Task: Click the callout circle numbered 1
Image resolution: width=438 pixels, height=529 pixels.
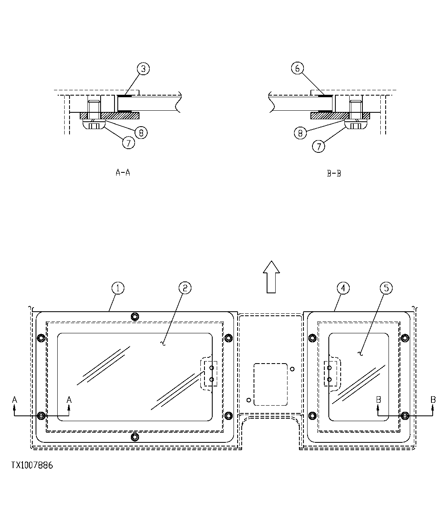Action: tap(118, 288)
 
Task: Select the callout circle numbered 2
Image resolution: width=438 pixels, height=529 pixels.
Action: tap(185, 288)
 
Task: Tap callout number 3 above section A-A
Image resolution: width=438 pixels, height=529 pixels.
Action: tap(143, 69)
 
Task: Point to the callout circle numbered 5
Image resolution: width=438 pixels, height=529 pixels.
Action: tap(386, 288)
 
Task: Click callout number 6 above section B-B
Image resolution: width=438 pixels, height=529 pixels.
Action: tap(297, 69)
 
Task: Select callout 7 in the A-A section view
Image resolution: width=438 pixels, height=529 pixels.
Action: tap(128, 143)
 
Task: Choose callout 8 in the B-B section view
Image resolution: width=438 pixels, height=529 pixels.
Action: tap(300, 133)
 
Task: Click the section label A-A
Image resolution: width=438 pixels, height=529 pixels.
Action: tap(123, 172)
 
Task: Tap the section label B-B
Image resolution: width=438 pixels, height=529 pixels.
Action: tap(334, 173)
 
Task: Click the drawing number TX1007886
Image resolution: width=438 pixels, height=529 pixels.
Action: tap(32, 465)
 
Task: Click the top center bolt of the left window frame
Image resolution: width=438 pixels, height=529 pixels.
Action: tap(135, 317)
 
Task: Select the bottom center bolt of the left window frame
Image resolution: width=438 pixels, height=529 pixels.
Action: tap(135, 437)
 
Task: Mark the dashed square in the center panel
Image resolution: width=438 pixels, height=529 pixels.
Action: tap(270, 384)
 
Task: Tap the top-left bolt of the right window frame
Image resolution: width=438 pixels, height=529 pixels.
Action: tap(312, 338)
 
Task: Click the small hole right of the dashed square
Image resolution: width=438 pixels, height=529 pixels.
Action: tap(292, 369)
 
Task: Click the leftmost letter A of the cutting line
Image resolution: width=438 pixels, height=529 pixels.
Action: tap(15, 399)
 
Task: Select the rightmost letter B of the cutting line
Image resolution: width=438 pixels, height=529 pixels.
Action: tap(433, 399)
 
